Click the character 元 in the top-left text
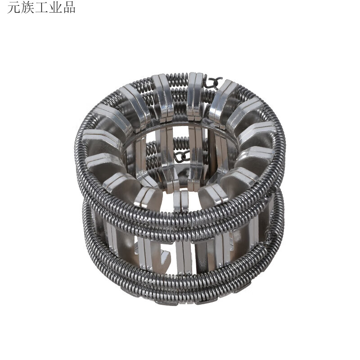[13, 8]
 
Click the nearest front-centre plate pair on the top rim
[181, 200]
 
